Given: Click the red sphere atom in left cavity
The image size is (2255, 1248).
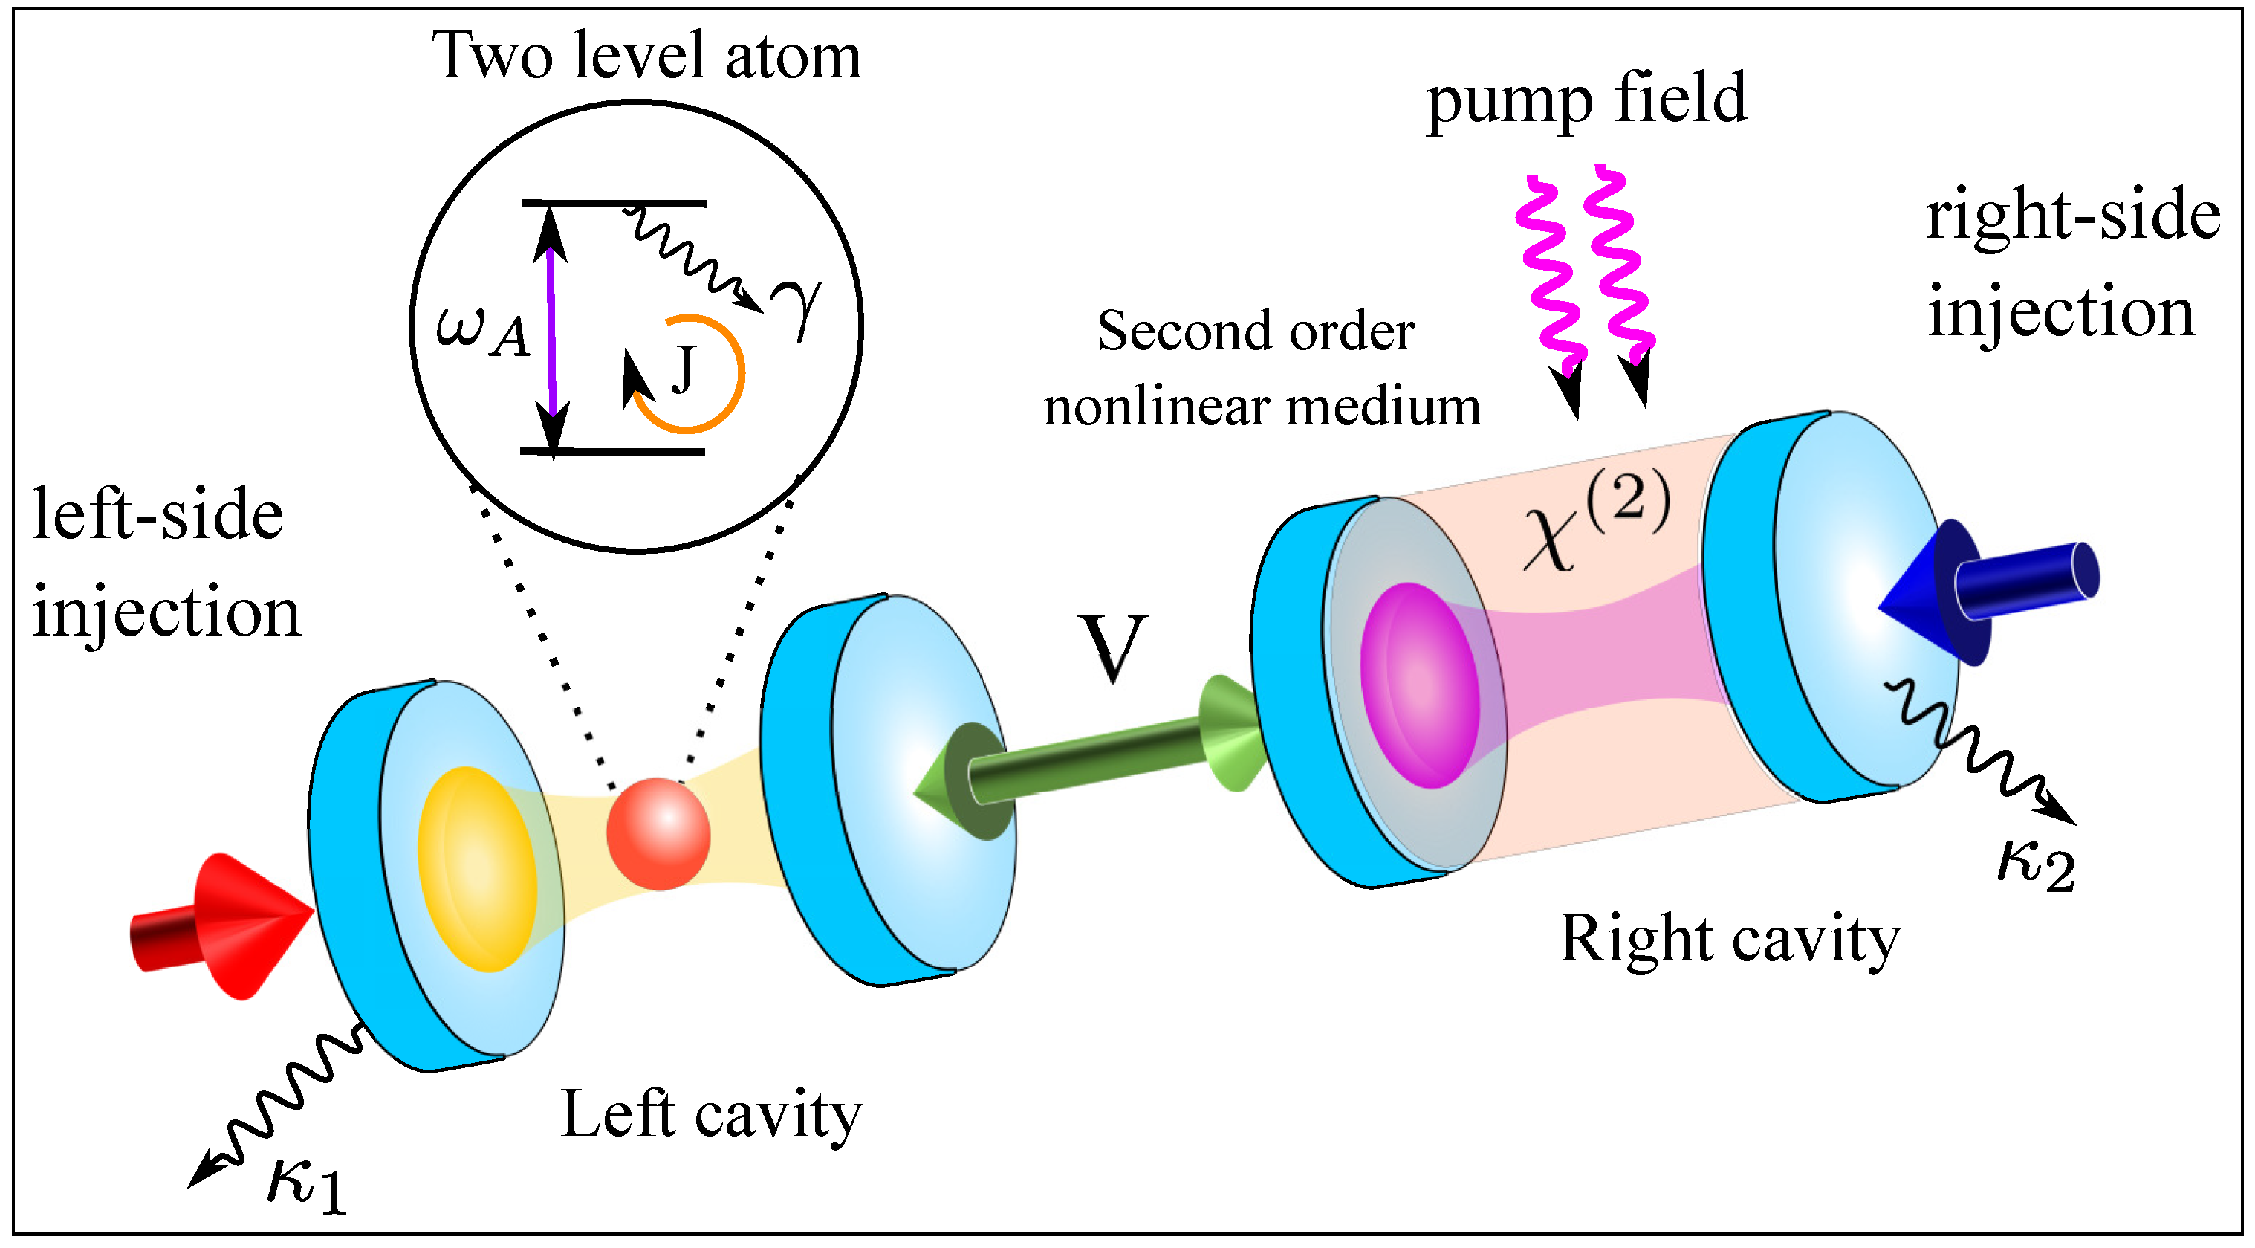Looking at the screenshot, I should [658, 834].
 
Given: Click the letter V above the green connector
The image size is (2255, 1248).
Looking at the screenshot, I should [1112, 648].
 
